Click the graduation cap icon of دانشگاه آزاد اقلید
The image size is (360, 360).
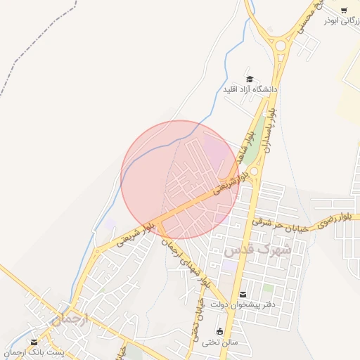[249, 79]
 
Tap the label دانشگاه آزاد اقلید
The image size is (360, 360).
[250, 90]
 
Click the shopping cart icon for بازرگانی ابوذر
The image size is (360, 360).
[344, 10]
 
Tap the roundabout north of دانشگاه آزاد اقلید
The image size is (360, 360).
[281, 46]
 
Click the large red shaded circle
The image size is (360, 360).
[180, 179]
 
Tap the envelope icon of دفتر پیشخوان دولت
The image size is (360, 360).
[243, 294]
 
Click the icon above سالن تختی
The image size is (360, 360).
[220, 331]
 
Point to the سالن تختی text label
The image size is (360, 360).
[221, 342]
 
